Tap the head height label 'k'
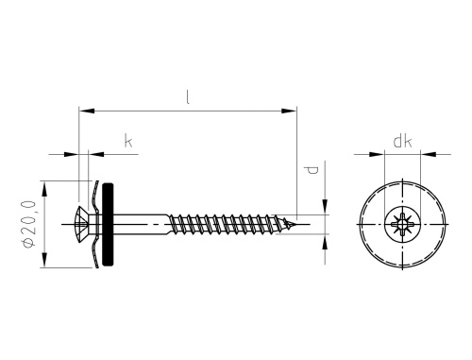127,142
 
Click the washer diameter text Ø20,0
29,224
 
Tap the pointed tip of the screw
304,225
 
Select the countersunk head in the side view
83,224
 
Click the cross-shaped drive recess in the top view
401,225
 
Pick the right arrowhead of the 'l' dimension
292,111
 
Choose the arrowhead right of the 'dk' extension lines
428,152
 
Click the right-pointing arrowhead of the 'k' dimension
72,152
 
